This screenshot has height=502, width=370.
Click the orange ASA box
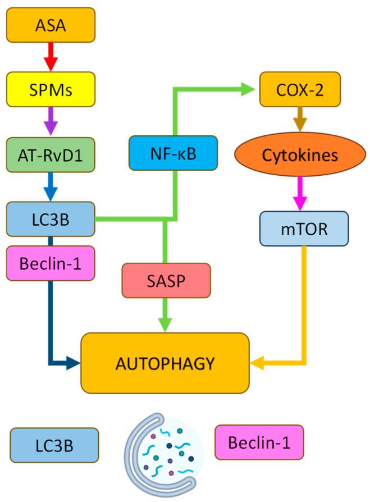pyautogui.click(x=51, y=26)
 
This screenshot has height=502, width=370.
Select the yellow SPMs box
pyautogui.click(x=51, y=89)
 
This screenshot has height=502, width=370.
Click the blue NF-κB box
pyautogui.click(x=172, y=153)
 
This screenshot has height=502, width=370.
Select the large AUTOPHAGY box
pyautogui.click(x=165, y=363)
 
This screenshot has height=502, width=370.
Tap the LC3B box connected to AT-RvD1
pyautogui.click(x=51, y=218)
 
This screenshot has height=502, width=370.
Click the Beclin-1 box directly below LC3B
pyautogui.click(x=51, y=262)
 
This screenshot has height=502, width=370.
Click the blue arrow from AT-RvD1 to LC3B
pyautogui.click(x=51, y=186)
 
